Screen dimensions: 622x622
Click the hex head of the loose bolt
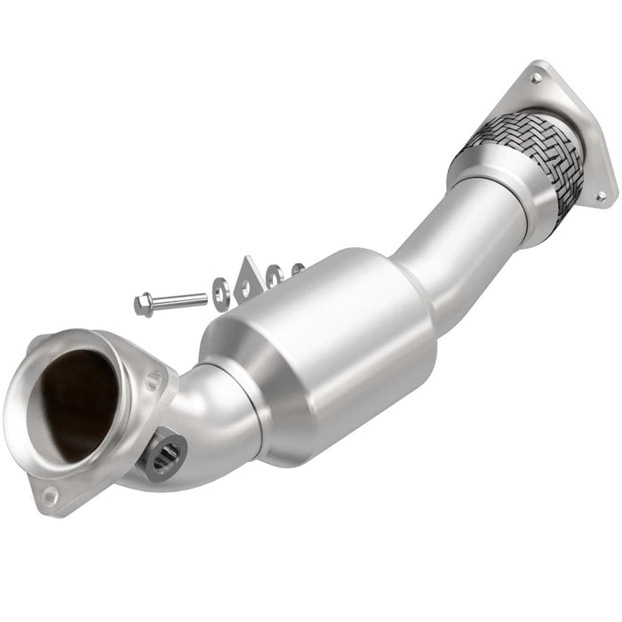tap(141, 305)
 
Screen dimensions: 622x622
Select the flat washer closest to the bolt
tap(219, 289)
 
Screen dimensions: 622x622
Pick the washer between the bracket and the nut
tap(275, 275)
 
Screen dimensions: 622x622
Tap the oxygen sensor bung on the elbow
tap(166, 454)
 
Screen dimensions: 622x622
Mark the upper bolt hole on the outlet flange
tap(536, 78)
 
